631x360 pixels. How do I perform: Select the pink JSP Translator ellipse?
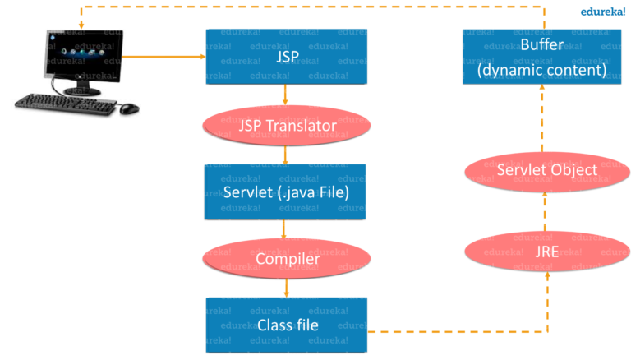(285, 127)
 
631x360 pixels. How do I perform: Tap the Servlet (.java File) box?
(285, 191)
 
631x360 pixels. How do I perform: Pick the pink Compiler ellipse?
(285, 259)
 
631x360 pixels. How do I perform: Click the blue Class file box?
(285, 325)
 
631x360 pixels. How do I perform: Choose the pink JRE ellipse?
(541, 250)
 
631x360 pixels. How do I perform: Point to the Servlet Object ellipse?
(541, 170)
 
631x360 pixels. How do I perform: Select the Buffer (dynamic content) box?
(541, 58)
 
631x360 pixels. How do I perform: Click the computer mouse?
(129, 108)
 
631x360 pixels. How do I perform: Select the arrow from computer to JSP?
(164, 58)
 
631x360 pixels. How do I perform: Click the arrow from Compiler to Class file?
(285, 288)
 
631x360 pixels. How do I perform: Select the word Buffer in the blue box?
(541, 44)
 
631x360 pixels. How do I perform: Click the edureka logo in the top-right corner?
(603, 12)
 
